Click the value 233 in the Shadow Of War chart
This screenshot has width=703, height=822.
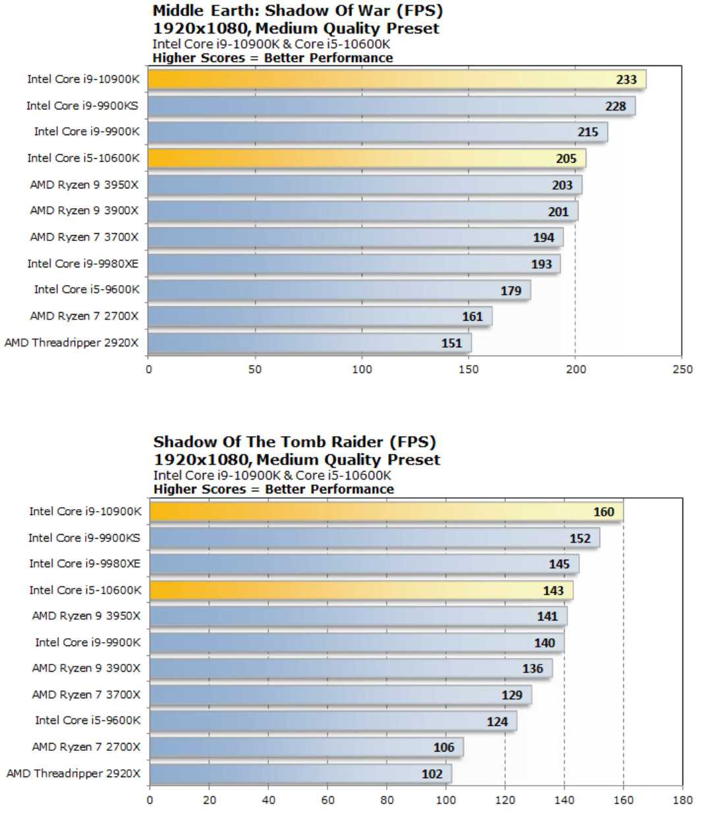click(626, 80)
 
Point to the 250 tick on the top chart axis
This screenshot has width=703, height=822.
click(683, 370)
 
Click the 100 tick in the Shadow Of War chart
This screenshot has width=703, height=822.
click(362, 370)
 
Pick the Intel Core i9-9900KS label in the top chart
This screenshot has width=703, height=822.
click(82, 105)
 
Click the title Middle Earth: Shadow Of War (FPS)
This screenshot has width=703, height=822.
click(298, 11)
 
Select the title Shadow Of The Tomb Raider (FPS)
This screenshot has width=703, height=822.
click(295, 441)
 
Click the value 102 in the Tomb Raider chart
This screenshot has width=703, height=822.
click(432, 774)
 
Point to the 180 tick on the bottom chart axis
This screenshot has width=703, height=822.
click(683, 800)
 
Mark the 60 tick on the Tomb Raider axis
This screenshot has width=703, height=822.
click(327, 800)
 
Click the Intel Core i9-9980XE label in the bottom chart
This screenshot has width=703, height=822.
click(84, 564)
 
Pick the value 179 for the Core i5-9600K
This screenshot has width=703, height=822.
click(511, 290)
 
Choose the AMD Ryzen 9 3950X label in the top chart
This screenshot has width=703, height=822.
click(84, 184)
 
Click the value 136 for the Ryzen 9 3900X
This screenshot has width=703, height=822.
click(532, 669)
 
